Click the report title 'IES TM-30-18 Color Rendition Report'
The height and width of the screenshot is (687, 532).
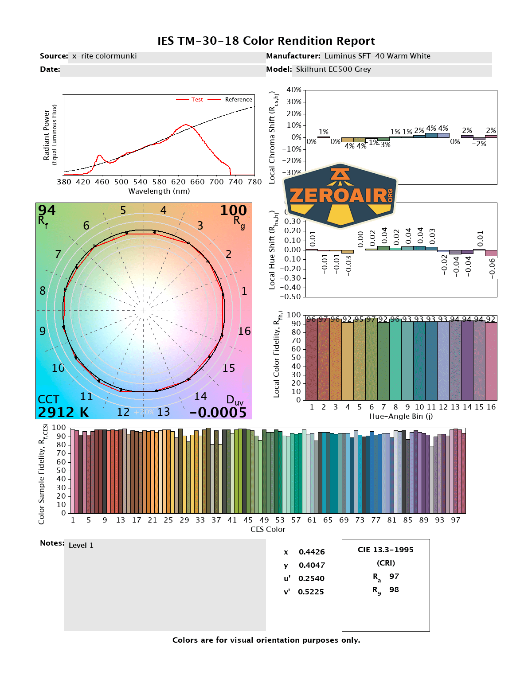(266, 41)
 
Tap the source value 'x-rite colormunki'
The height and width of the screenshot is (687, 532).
(104, 56)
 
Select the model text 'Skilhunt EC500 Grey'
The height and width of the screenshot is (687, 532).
(333, 70)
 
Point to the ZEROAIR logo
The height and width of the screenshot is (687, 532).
(340, 195)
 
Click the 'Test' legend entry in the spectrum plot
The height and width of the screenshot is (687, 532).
(197, 100)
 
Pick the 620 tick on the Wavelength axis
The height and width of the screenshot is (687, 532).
(178, 182)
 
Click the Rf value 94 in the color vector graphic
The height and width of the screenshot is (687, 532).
(47, 210)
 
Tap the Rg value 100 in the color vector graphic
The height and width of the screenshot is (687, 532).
(233, 210)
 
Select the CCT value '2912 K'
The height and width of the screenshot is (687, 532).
(63, 412)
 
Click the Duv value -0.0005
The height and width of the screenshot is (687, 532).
(218, 412)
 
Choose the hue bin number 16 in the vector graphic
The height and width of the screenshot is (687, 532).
(244, 331)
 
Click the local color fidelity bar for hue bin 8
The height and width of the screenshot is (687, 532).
(395, 359)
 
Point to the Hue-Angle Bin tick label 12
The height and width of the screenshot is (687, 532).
(443, 407)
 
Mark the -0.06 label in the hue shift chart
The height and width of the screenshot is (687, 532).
(492, 268)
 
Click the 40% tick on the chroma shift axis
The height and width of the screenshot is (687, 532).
(294, 90)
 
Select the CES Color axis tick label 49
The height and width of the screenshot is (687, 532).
(264, 520)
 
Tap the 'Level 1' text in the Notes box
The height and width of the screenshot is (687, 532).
(81, 546)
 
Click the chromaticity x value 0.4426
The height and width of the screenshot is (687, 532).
(312, 552)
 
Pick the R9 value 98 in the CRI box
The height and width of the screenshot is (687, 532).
(394, 590)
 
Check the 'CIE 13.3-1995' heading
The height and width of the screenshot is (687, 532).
(385, 550)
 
